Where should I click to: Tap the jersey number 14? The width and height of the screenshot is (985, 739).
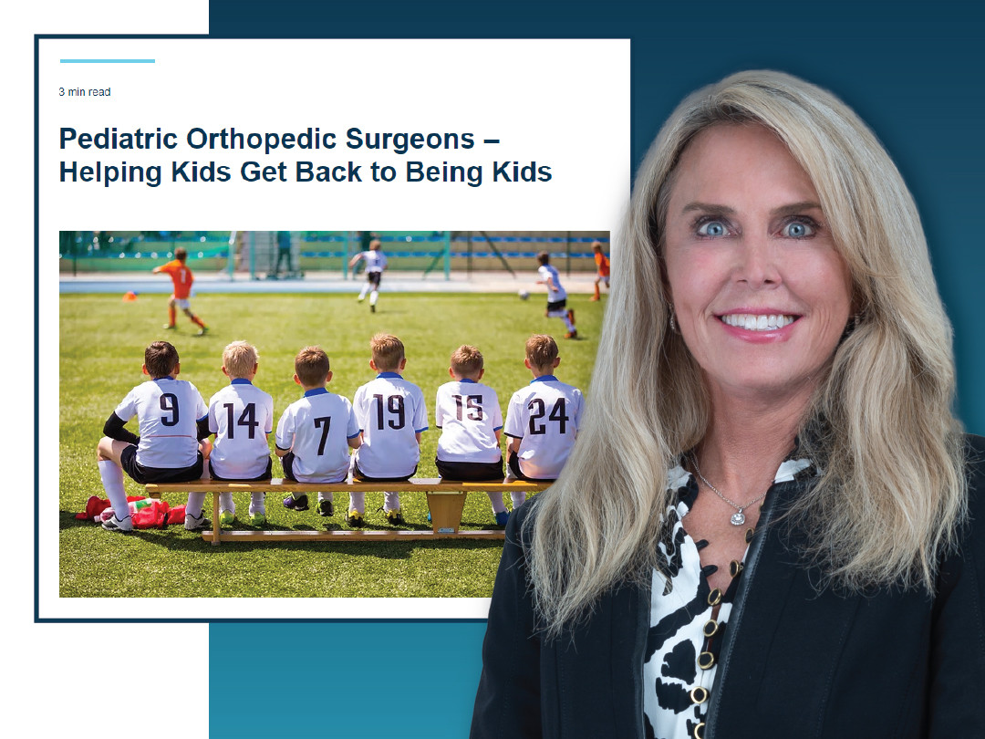point(243,421)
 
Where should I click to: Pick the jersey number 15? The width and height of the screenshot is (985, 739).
point(470,408)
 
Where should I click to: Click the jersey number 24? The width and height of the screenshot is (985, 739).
point(547,416)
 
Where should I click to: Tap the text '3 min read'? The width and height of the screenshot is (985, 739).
point(85,92)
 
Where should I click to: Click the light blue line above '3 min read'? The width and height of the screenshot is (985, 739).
point(108,61)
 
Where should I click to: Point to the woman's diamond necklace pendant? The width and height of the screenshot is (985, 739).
point(736,516)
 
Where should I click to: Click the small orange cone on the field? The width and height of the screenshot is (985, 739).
point(130,296)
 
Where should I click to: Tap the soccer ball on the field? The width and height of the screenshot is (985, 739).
point(524,295)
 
